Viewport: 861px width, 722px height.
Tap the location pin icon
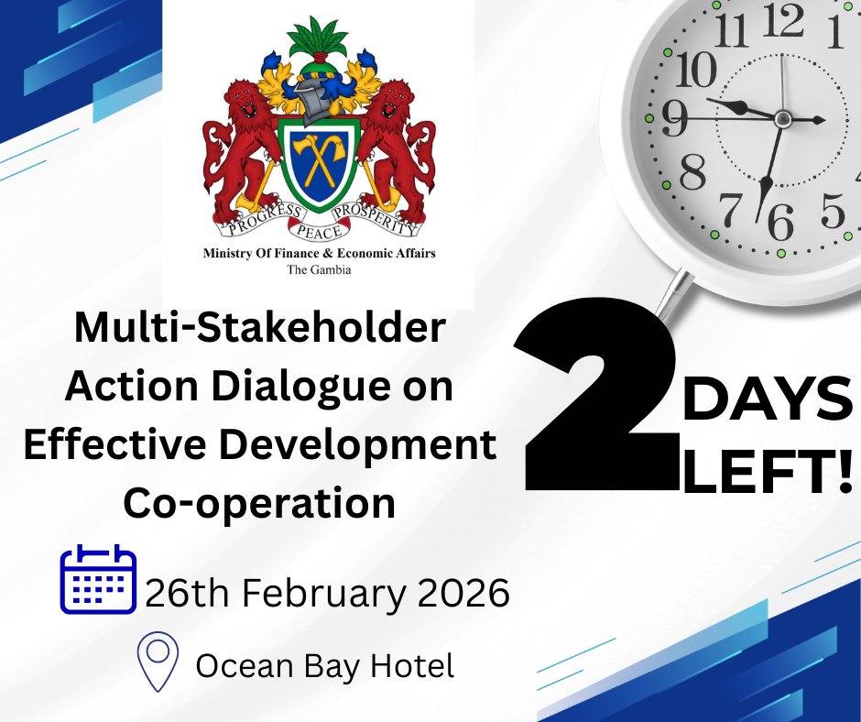158,662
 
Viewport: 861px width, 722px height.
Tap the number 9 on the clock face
674,118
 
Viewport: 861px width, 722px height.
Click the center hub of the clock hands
781,118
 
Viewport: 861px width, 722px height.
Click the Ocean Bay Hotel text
325,665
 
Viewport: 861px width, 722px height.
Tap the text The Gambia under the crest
319,270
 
